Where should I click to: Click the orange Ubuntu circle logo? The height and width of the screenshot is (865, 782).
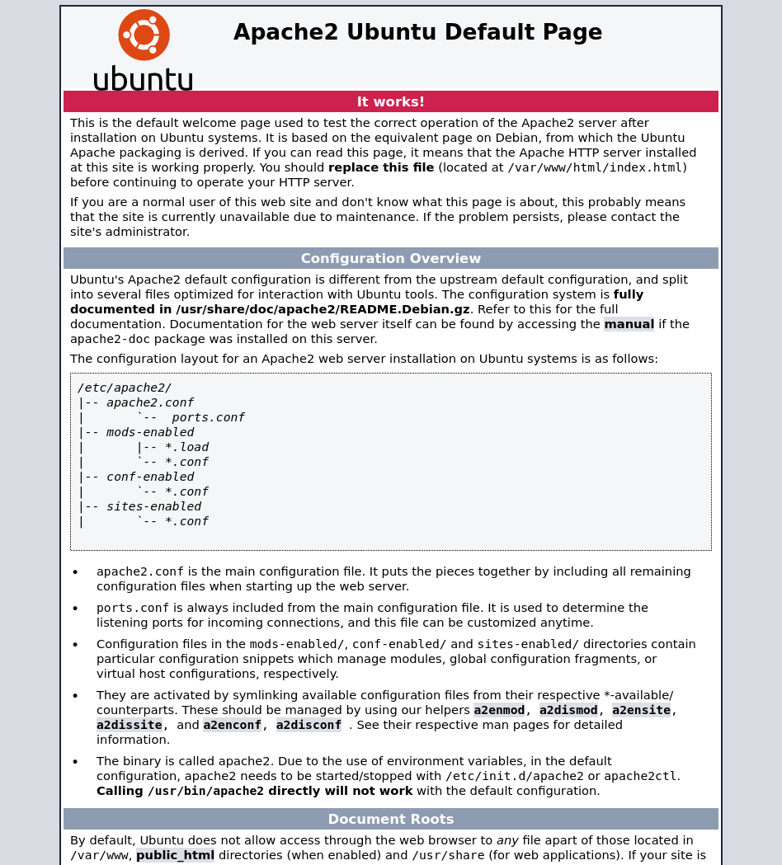(144, 35)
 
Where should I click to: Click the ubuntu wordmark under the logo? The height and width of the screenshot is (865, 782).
(143, 79)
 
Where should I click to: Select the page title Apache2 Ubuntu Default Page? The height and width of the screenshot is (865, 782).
(417, 32)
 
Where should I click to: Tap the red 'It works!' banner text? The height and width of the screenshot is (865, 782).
(390, 101)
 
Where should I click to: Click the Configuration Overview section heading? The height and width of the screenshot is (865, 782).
(390, 258)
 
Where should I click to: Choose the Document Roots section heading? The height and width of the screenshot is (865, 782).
(390, 819)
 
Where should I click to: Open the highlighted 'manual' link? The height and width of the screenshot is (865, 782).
(629, 324)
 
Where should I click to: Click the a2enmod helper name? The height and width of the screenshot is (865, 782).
(499, 710)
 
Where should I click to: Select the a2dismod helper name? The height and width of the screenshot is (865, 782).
(568, 710)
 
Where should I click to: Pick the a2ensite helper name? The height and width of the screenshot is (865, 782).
(641, 710)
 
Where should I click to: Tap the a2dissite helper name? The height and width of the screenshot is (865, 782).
(130, 725)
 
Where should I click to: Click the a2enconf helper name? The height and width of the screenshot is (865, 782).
(232, 725)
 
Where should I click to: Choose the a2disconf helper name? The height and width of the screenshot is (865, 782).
(309, 725)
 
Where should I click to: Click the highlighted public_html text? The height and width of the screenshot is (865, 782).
(175, 855)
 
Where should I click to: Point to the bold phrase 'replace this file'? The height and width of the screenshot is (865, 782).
(381, 167)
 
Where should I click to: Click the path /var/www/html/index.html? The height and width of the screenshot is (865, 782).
(595, 167)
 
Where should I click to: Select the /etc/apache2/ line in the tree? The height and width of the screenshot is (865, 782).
(125, 388)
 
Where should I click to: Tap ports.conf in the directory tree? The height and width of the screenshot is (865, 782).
(208, 417)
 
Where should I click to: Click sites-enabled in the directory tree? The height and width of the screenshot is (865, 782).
(153, 506)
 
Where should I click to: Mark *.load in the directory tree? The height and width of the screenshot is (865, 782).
(186, 447)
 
